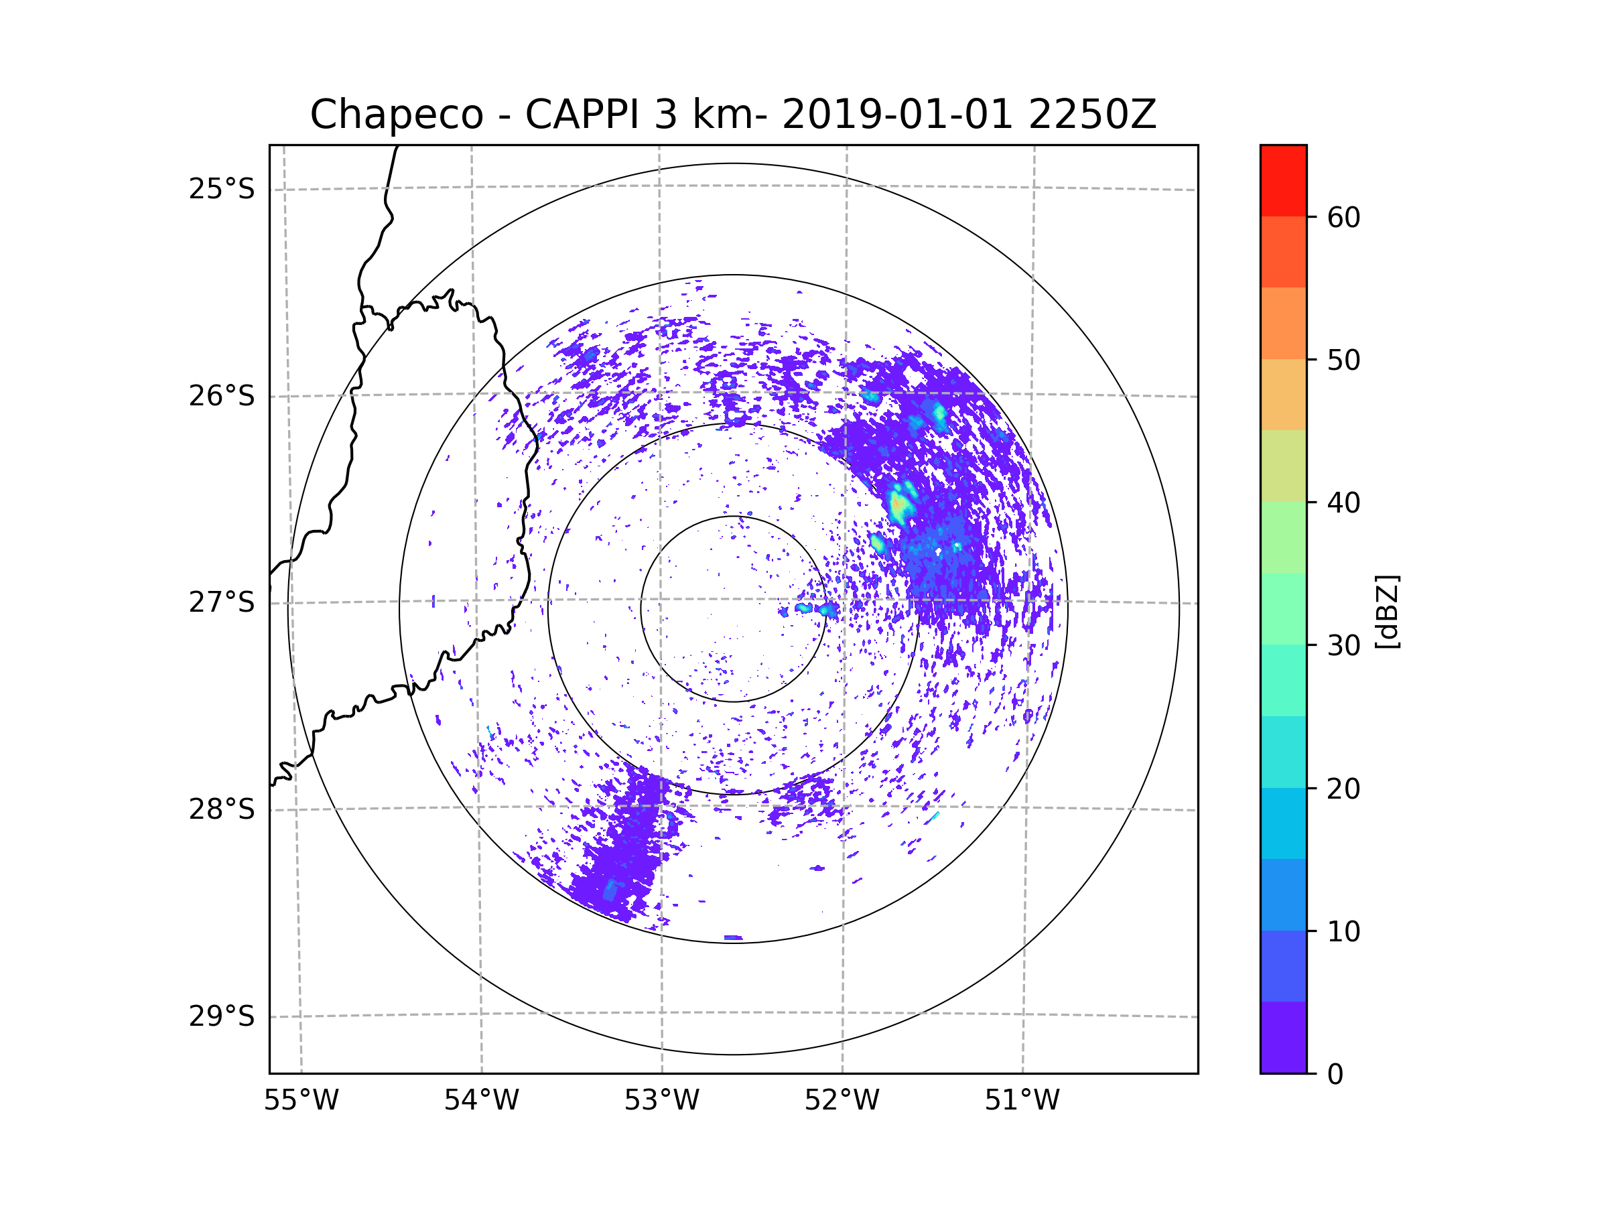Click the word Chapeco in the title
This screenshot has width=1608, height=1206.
[x=396, y=115]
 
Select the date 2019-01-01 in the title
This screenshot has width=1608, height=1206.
[x=896, y=115]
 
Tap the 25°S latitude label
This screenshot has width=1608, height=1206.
[x=222, y=189]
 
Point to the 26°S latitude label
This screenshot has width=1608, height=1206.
[x=222, y=396]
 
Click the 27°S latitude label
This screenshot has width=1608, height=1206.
[x=222, y=602]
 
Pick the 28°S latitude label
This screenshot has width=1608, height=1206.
[x=222, y=809]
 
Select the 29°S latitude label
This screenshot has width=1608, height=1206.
[x=222, y=1016]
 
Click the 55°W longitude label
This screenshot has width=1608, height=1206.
[x=301, y=1101]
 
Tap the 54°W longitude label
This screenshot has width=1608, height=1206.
[x=481, y=1101]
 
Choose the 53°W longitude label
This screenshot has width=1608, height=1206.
[x=661, y=1101]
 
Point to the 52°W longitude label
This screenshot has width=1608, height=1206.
[x=842, y=1101]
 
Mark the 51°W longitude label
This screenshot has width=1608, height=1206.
[x=1022, y=1101]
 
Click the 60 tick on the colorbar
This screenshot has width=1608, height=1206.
[x=1343, y=217]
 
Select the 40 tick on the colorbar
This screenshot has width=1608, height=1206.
[x=1343, y=503]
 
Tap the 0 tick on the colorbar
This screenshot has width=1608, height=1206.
[x=1335, y=1075]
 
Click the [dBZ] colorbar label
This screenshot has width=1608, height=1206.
[x=1387, y=611]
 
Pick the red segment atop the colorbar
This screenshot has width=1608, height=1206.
[x=1283, y=180]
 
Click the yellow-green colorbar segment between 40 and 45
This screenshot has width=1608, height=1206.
[x=1283, y=466]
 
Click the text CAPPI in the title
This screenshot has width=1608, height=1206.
[x=582, y=115]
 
